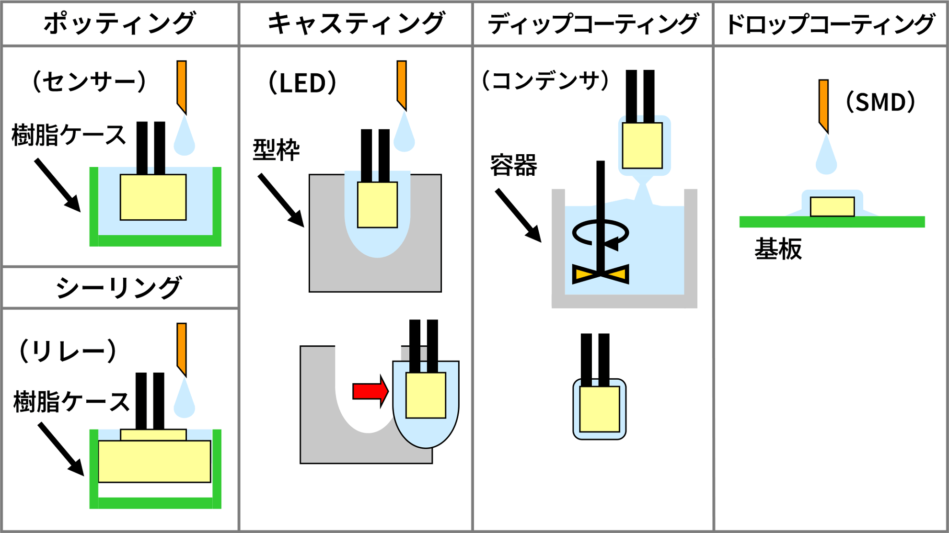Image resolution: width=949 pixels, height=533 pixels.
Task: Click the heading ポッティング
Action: [x=120, y=23]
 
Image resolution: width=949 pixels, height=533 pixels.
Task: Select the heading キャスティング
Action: [x=356, y=23]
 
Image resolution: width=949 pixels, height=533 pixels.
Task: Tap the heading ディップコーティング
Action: [x=593, y=23]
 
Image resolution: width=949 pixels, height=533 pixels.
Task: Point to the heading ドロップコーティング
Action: [x=831, y=23]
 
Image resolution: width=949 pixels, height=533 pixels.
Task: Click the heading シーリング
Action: [x=119, y=288]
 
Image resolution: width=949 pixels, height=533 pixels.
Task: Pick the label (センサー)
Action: [x=89, y=81]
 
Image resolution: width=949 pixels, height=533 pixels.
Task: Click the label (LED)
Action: [x=302, y=83]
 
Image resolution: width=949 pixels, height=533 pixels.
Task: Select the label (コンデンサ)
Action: [x=545, y=80]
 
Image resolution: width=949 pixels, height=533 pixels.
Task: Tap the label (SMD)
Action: [x=880, y=102]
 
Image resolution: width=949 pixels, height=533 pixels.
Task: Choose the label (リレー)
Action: [x=68, y=351]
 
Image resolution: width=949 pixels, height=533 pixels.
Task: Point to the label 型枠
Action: [x=277, y=150]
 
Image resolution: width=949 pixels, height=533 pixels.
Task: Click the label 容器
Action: [x=514, y=166]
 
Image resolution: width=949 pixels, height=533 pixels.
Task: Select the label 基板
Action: [x=778, y=249]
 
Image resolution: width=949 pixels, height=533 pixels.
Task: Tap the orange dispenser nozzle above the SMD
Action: [x=823, y=105]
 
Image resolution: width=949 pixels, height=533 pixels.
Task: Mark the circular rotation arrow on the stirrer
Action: [x=601, y=233]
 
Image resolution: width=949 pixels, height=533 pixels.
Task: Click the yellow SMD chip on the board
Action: [x=832, y=207]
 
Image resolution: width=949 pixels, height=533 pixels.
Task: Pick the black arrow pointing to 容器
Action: [x=518, y=215]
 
